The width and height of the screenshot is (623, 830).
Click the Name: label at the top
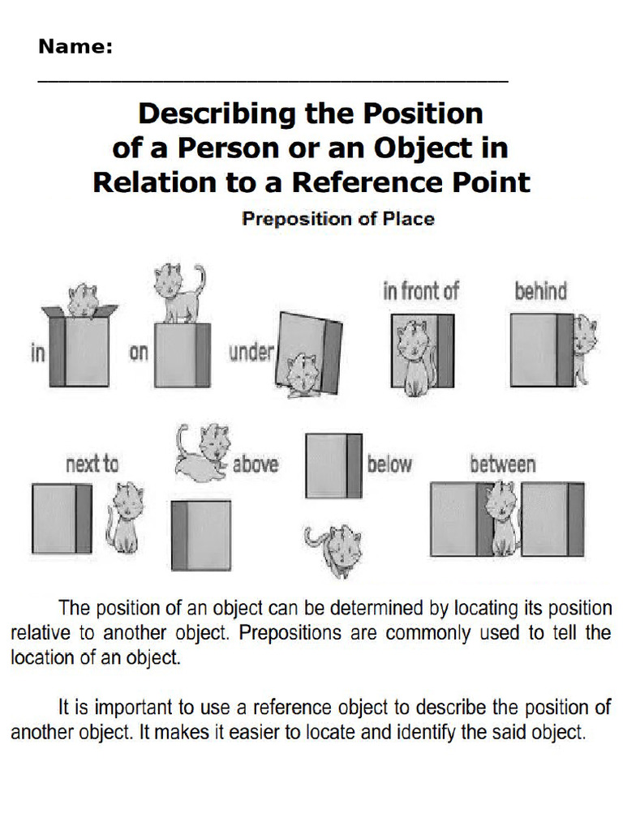tap(75, 47)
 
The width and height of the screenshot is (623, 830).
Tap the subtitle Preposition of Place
tap(338, 218)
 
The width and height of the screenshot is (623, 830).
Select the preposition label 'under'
tap(251, 353)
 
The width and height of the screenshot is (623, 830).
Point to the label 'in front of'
tap(420, 292)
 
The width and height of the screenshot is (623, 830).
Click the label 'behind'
tap(540, 292)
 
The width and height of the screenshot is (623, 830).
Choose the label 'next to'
tap(92, 464)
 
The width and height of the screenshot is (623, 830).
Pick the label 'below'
tap(389, 464)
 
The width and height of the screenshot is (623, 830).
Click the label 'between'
tap(502, 464)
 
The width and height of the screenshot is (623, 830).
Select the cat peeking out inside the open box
tap(83, 300)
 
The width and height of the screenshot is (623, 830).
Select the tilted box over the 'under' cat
tap(313, 344)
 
